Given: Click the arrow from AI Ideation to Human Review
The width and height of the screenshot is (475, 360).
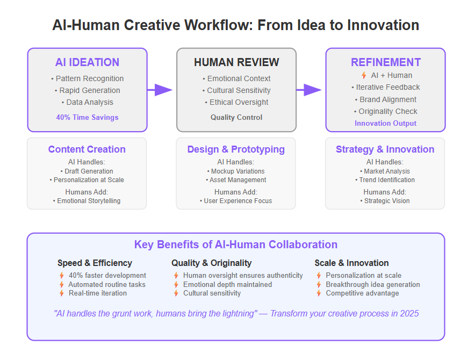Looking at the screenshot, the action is (x=160, y=90).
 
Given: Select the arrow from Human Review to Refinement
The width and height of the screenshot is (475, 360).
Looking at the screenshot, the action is (x=309, y=90).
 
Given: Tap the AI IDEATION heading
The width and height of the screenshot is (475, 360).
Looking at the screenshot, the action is (x=87, y=62).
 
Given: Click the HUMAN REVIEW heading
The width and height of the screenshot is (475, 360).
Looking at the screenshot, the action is (x=236, y=62).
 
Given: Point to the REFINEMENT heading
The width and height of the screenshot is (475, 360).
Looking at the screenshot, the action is (x=386, y=62).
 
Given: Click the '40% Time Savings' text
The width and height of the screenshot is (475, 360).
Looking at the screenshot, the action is (x=87, y=117).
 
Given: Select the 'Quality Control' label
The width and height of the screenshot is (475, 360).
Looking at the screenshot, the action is (x=236, y=117).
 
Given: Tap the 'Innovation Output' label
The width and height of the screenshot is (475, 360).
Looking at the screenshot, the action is (x=386, y=124).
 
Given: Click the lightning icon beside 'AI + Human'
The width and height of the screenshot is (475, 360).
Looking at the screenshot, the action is (x=364, y=75).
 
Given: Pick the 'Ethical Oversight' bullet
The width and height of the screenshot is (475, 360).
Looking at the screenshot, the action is (x=236, y=103).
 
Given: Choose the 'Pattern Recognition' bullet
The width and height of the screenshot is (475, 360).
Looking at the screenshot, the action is (x=87, y=79).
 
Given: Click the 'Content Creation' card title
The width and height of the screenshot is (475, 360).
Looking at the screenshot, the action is (x=87, y=149).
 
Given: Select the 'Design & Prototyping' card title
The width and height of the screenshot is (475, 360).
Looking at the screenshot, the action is (x=236, y=149).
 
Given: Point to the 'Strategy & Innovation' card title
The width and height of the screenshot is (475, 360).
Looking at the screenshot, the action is (x=385, y=149).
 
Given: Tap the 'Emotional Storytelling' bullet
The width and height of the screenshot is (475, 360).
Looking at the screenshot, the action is (x=87, y=201).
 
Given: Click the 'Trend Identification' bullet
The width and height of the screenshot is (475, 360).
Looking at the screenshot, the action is (x=385, y=180).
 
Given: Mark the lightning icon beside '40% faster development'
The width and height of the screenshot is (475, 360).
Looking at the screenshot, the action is (x=62, y=276).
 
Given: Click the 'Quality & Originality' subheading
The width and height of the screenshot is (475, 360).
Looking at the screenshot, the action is (x=212, y=263).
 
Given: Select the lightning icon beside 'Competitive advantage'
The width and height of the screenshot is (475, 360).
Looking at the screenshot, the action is (x=319, y=293).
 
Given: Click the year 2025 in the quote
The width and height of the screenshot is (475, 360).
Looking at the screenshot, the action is (x=409, y=314).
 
